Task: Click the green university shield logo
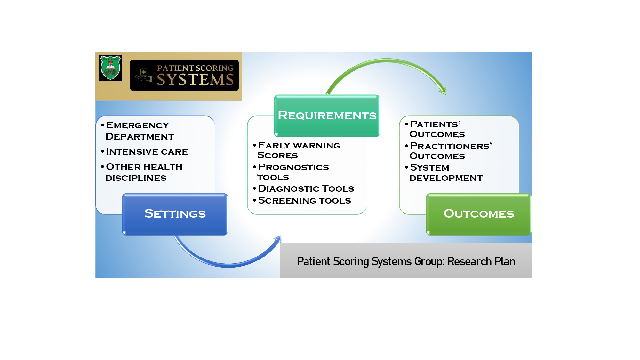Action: [x=110, y=68]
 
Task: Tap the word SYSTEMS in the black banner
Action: [x=195, y=80]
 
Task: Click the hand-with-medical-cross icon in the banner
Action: [x=144, y=75]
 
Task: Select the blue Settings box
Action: [x=175, y=214]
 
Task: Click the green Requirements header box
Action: [x=327, y=116]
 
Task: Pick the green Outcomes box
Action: [x=479, y=214]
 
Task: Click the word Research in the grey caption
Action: [x=469, y=261]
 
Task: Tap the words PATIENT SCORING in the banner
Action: [x=195, y=68]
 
